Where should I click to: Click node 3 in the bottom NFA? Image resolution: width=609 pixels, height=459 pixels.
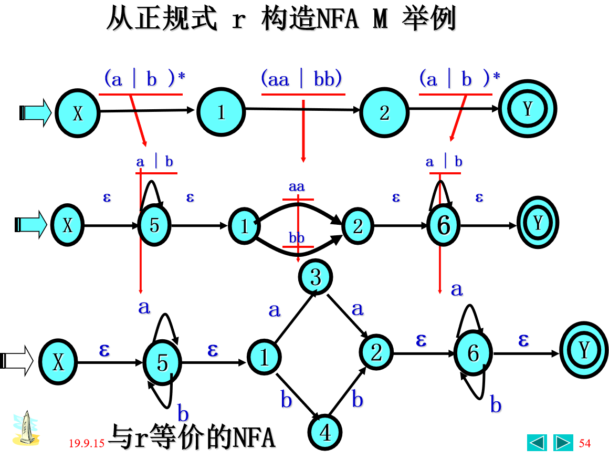pos(316,277)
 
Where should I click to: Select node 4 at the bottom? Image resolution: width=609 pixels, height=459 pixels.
pos(325,432)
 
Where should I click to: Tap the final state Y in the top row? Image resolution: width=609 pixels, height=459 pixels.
pos(528,109)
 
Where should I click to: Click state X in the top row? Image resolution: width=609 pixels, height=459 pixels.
pos(78,112)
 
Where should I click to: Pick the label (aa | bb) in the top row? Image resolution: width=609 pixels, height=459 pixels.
pos(302,79)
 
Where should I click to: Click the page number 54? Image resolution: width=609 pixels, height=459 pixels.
pos(585,443)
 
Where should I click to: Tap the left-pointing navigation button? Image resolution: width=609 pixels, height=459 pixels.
pos(537,443)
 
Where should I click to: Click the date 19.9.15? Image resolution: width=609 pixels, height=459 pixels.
pos(87,443)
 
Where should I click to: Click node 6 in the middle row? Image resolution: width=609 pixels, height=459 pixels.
pos(444,225)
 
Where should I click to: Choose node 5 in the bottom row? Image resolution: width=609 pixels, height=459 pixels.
pos(162,362)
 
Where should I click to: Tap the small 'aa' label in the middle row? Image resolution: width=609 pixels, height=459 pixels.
pos(297,186)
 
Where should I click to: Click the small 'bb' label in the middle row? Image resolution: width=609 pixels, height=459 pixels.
pos(297,238)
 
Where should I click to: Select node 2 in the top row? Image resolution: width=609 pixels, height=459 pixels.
pos(384,112)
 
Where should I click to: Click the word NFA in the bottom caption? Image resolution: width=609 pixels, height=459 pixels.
pos(254,437)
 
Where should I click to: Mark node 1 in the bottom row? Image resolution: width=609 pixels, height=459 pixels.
pos(264,357)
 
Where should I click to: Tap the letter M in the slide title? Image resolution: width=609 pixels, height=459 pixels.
pos(380,20)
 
